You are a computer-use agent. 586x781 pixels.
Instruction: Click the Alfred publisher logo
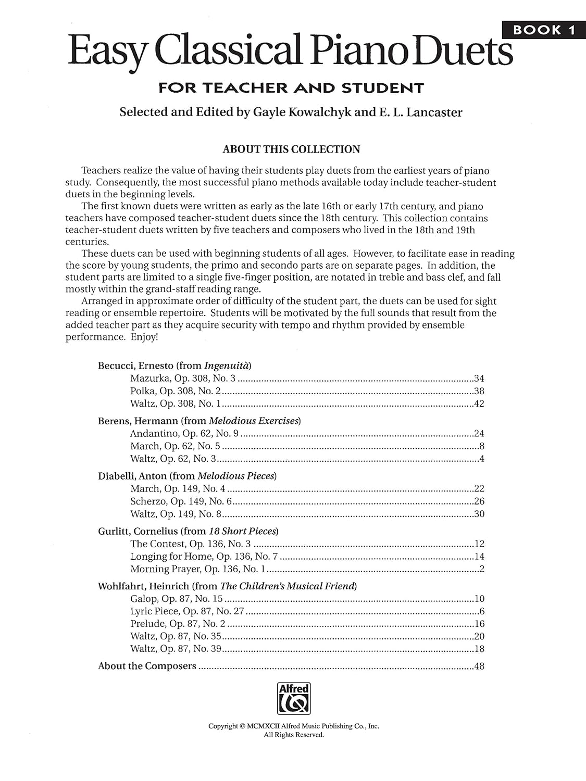tap(294, 698)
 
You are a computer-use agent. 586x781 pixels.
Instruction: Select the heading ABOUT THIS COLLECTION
tap(291, 149)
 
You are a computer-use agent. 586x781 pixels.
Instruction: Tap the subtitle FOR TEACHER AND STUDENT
tap(291, 88)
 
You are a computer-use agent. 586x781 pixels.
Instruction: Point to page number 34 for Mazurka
tap(479, 379)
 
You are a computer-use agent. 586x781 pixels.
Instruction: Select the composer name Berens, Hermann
tap(138, 421)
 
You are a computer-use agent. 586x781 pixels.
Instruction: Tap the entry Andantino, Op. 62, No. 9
tap(184, 433)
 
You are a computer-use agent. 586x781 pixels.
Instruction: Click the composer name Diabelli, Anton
tap(132, 476)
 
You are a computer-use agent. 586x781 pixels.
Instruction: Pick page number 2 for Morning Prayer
tap(482, 569)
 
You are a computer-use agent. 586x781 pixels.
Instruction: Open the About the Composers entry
tap(147, 666)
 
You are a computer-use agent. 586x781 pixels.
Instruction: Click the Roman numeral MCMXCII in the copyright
tap(264, 726)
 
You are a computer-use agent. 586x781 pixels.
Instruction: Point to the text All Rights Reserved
tap(294, 735)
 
